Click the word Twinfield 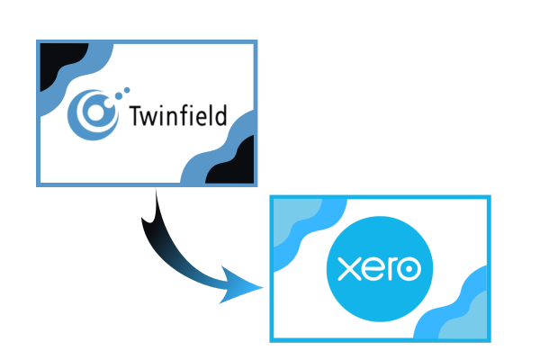[178, 115]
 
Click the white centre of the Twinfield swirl [95, 112]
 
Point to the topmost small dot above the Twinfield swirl [127, 90]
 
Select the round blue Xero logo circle [380, 269]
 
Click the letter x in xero [349, 269]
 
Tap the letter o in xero [409, 269]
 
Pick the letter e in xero [373, 269]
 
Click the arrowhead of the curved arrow [239, 286]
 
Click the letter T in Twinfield [136, 116]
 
